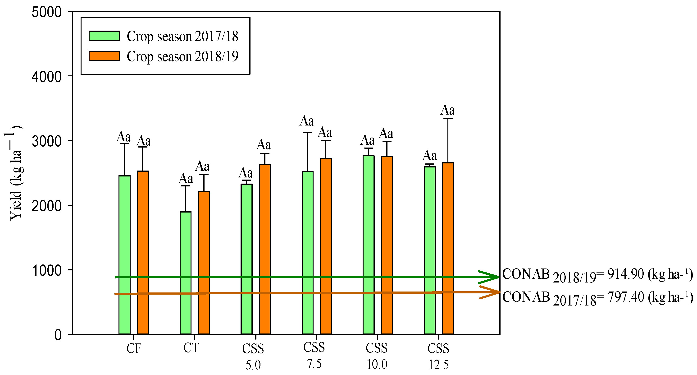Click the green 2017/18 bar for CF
tap(124, 255)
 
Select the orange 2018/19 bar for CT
tap(204, 263)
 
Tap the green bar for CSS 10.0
tap(369, 244)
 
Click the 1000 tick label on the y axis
tap(46, 270)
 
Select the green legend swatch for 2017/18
tap(104, 36)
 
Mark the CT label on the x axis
tap(191, 348)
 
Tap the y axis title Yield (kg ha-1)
tap(15, 173)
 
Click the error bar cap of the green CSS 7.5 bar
tap(308, 133)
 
